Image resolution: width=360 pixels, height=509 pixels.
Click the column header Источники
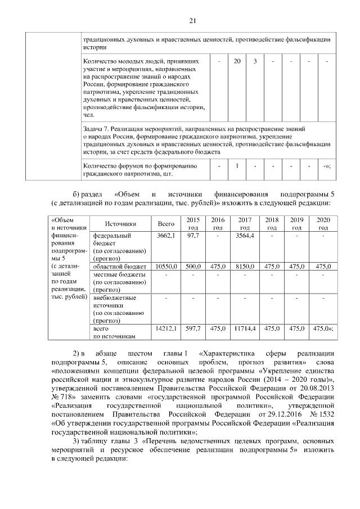[120, 223]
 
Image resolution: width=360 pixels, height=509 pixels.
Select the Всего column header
[166, 223]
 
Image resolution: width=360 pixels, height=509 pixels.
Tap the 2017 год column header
[244, 223]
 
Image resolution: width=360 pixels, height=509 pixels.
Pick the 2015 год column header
[192, 223]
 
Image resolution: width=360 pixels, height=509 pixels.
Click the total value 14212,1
[166, 328]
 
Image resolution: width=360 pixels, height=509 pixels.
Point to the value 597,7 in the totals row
[192, 328]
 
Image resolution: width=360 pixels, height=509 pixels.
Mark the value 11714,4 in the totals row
[244, 328]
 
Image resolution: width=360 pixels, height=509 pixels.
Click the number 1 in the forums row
[237, 166]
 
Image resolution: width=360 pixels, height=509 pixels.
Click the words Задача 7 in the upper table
[96, 129]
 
